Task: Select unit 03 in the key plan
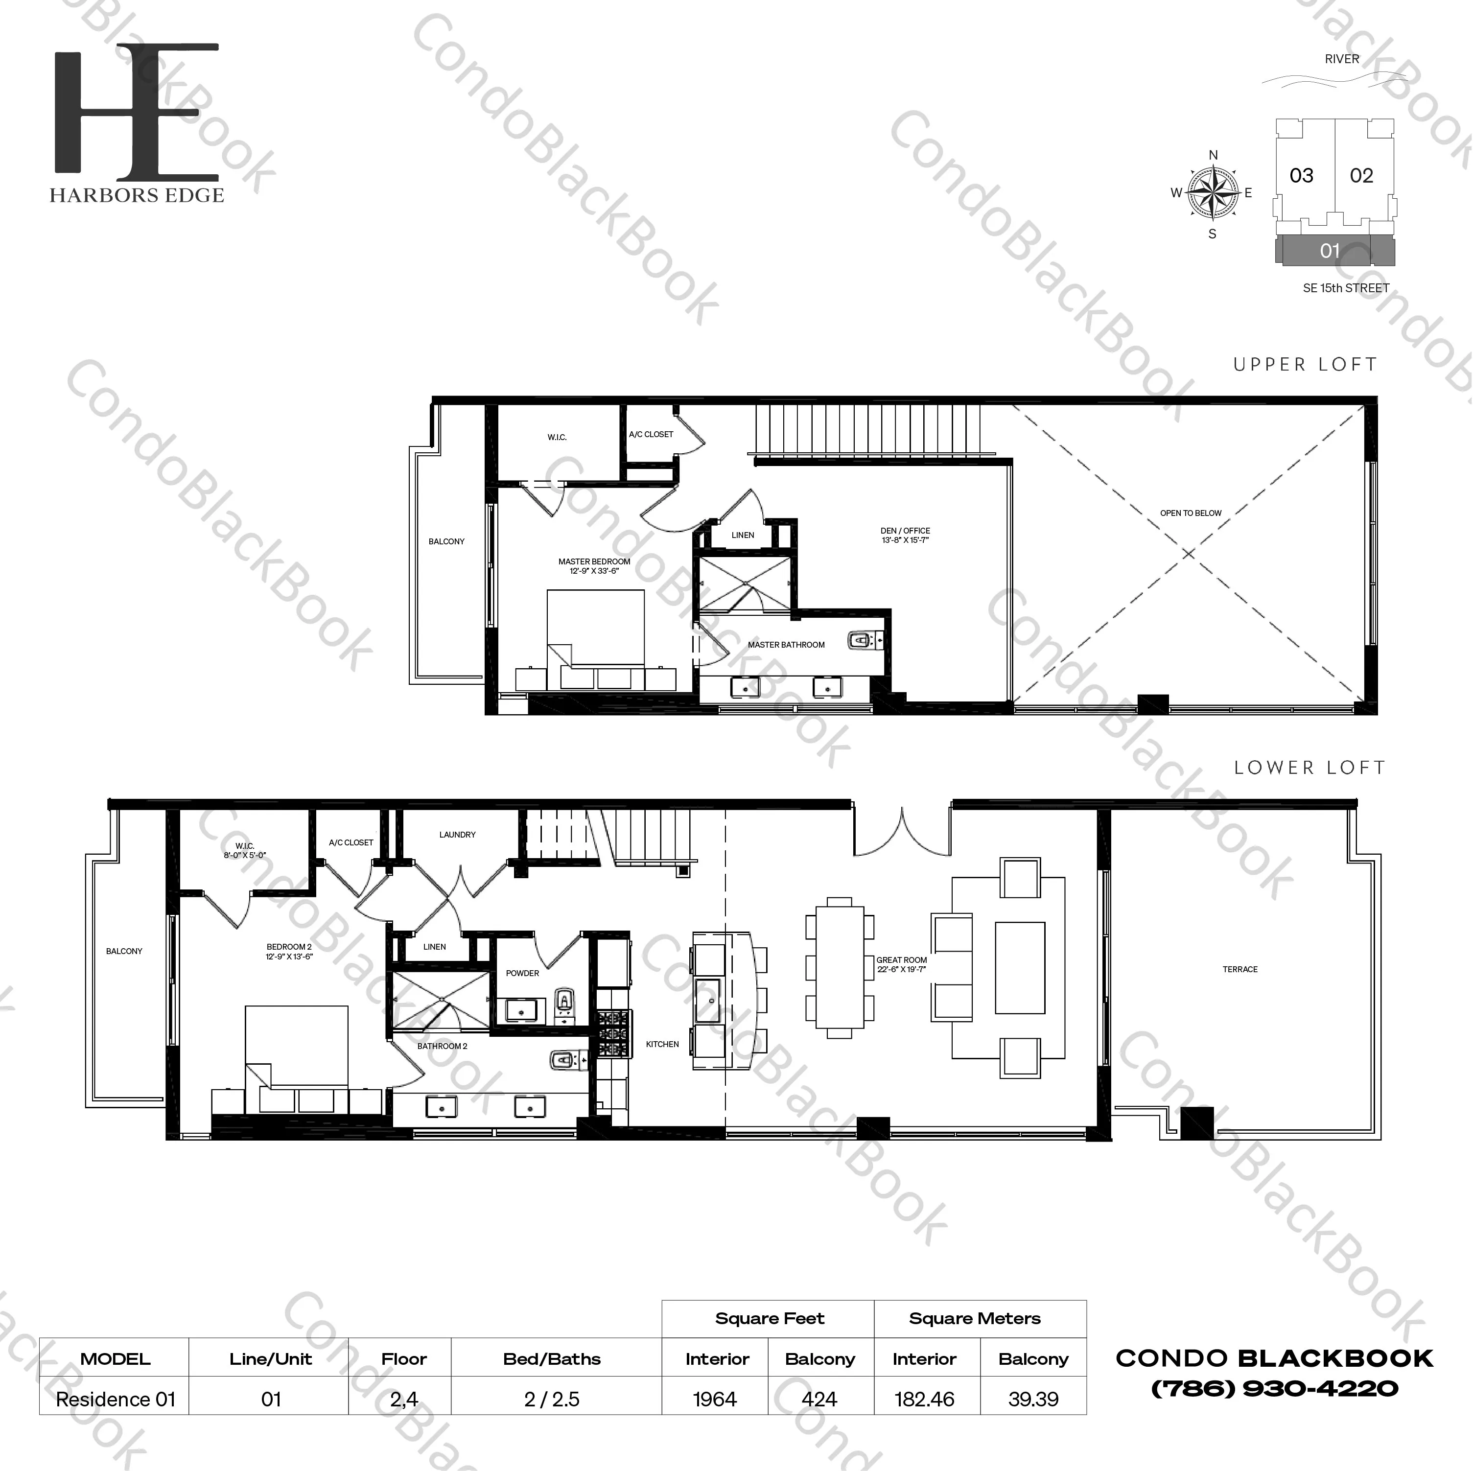[1302, 175]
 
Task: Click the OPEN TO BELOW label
[1190, 513]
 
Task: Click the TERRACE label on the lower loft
[1239, 969]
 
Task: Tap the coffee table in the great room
[1019, 968]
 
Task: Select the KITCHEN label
[662, 1044]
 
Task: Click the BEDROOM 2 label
[289, 951]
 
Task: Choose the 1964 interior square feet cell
[714, 1400]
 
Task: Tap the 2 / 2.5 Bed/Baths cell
[552, 1400]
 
